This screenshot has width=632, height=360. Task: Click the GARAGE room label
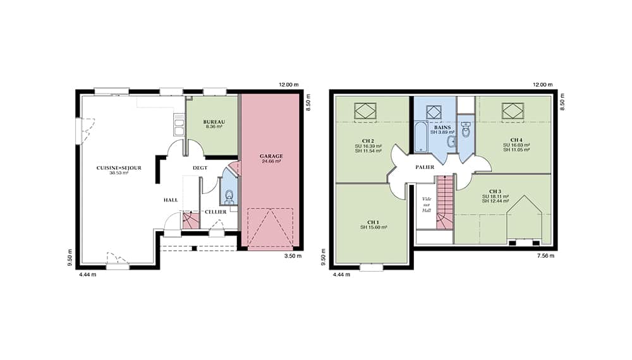271,156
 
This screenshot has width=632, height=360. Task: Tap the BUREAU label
214,122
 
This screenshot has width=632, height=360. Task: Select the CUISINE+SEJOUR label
119,167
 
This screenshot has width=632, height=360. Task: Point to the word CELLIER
216,212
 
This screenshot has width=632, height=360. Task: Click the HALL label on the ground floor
171,200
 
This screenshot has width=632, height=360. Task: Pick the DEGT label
200,167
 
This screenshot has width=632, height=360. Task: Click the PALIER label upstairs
425,167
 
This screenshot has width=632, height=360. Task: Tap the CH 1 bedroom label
374,222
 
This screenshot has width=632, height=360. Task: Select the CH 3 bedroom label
495,191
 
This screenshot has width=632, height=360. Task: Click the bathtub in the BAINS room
420,137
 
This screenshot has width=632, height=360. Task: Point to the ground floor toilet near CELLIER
229,196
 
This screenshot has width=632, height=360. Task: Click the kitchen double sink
179,124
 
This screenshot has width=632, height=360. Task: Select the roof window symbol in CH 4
513,111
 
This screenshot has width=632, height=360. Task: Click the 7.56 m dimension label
546,256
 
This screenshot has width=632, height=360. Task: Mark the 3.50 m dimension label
293,256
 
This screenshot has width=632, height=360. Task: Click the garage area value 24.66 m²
271,161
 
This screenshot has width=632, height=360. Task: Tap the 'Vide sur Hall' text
427,205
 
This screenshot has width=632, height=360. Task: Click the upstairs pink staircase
445,203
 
